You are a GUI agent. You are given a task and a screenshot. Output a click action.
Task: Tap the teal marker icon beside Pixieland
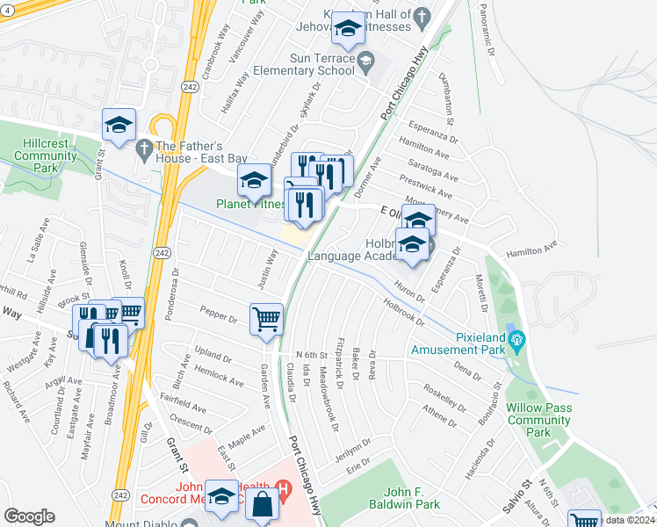pos(516,337)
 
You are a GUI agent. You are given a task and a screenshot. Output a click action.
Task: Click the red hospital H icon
pos(283,487)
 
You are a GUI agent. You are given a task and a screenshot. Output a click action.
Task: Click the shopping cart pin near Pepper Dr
pos(266,318)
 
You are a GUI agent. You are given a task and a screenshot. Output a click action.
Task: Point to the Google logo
pos(29,516)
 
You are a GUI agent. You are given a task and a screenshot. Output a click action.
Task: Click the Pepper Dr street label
pos(219,314)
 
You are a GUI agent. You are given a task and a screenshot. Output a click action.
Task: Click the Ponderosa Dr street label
pos(179,281)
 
